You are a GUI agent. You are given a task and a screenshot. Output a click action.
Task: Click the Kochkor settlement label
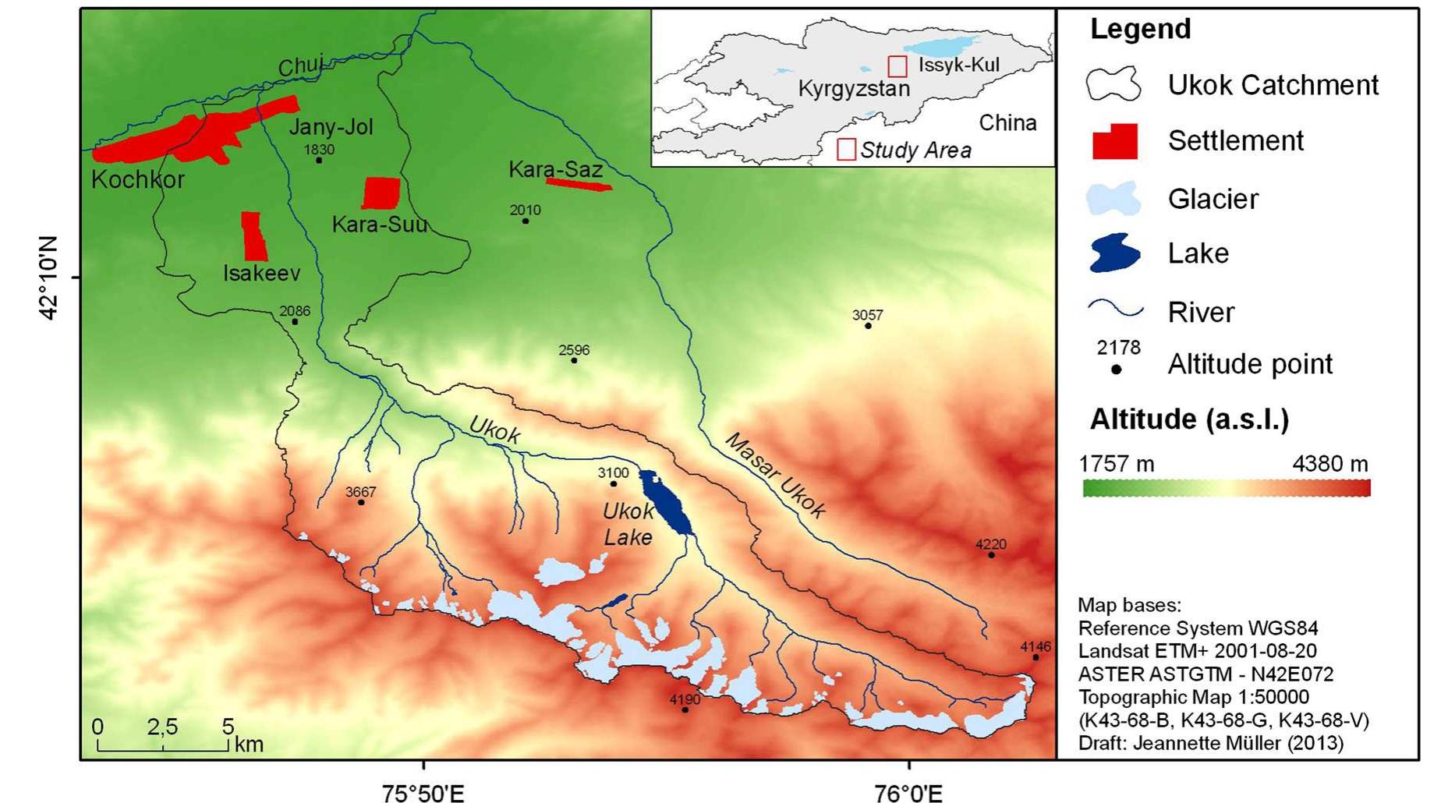click(137, 179)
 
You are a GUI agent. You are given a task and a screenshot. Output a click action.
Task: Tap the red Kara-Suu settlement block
click(381, 193)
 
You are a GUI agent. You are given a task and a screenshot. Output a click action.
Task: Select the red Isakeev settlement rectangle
click(253, 235)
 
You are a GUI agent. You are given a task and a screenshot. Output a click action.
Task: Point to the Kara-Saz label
click(555, 169)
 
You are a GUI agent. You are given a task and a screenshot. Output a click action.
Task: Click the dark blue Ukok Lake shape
click(667, 502)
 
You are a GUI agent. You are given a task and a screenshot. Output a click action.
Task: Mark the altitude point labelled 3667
click(361, 502)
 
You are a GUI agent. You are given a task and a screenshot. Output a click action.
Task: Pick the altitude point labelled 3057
click(868, 326)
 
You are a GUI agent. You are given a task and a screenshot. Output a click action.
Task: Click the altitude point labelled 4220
click(991, 555)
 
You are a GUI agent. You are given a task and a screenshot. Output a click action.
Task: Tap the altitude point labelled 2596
click(574, 360)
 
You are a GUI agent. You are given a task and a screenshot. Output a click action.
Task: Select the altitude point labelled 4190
click(685, 709)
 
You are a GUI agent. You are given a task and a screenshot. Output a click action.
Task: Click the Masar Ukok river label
click(775, 475)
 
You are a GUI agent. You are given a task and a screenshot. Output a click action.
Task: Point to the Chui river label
click(300, 67)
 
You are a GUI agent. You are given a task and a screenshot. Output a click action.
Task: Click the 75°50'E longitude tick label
click(423, 794)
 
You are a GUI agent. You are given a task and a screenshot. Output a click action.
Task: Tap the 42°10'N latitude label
click(48, 278)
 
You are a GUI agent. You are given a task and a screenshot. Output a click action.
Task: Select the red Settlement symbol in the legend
click(1114, 141)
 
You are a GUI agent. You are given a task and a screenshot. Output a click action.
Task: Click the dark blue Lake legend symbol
click(1114, 253)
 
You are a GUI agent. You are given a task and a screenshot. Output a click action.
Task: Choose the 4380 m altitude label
click(1329, 464)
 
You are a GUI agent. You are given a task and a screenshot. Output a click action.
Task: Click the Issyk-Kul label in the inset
click(958, 65)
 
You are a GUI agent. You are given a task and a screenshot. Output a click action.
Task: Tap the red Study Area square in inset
click(846, 149)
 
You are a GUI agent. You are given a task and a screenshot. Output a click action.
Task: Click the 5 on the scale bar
click(228, 727)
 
